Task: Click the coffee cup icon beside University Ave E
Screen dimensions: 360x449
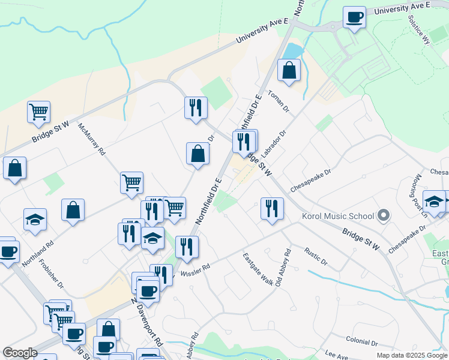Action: coord(354,16)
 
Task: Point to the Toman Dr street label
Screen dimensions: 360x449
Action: coord(279,102)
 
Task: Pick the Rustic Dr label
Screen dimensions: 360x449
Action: coord(316,257)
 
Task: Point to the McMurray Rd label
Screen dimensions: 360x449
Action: coord(92,143)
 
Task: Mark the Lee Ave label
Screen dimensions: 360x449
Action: coord(336,355)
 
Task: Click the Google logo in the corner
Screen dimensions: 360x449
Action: coord(20,353)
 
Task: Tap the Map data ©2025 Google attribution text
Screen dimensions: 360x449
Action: coord(411,355)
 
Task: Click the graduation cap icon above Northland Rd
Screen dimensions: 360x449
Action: coord(35,220)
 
